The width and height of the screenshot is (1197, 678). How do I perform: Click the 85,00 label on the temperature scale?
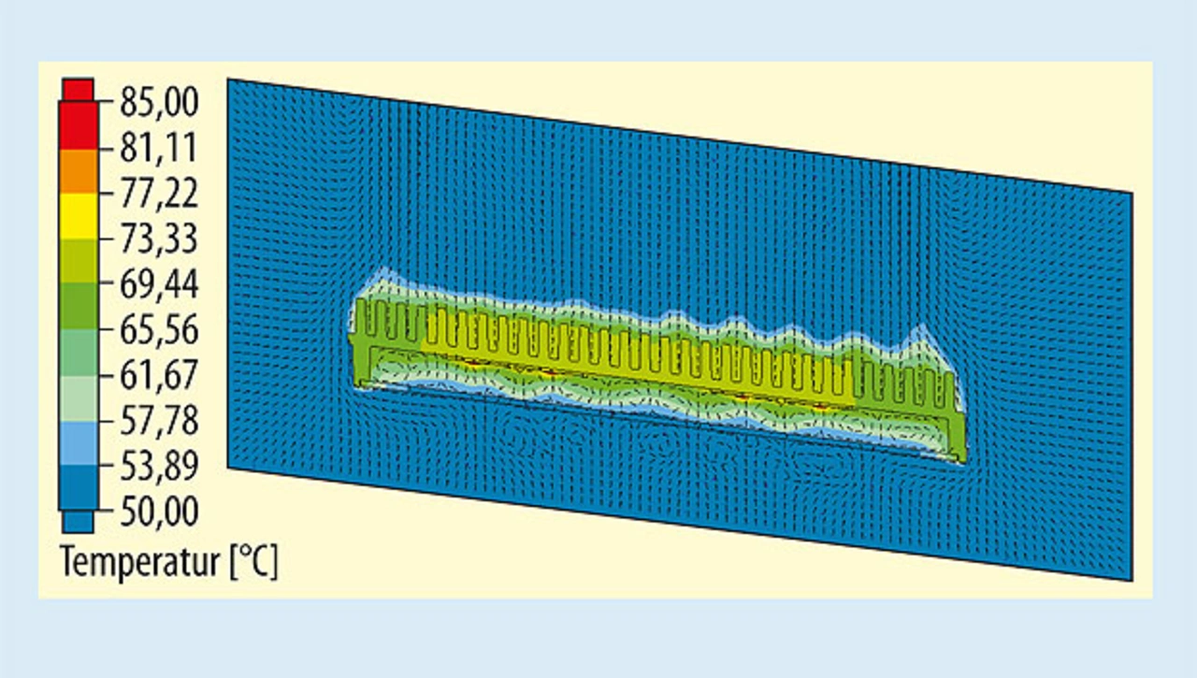pos(159,102)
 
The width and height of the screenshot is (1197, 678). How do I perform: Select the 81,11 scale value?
pos(159,148)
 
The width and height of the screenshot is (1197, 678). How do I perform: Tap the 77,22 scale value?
pos(159,193)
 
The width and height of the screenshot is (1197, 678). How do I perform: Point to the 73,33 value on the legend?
pos(159,238)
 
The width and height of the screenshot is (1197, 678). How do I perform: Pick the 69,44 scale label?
pos(159,284)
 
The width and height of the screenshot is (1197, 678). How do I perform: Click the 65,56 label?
pos(159,330)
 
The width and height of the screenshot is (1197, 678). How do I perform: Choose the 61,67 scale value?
pos(159,375)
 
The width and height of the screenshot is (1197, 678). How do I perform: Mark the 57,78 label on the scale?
pos(159,421)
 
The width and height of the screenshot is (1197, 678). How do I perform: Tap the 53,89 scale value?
pos(159,467)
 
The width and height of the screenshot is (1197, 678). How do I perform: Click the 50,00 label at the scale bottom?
pos(159,512)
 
